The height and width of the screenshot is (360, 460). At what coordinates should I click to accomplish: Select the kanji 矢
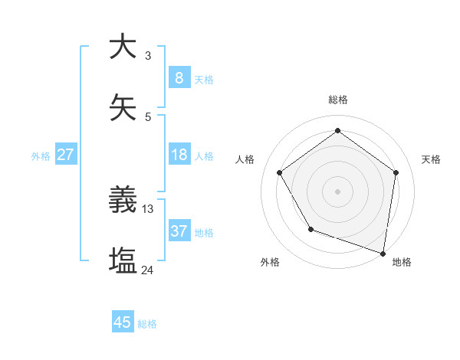(123, 109)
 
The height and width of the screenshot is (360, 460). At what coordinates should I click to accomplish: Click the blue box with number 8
(179, 78)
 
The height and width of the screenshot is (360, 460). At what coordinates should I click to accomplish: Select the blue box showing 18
(179, 155)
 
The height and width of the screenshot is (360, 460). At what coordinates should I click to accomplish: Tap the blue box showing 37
(179, 231)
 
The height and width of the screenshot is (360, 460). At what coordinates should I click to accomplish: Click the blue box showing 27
(65, 155)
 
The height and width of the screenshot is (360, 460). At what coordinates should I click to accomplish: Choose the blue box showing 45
(123, 322)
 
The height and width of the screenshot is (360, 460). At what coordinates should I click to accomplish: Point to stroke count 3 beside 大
(148, 55)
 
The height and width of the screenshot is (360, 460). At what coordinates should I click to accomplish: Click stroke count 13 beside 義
(148, 208)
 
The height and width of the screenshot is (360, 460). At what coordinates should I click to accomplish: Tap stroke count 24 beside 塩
(148, 270)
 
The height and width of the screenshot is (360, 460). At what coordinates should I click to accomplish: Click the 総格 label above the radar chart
(337, 100)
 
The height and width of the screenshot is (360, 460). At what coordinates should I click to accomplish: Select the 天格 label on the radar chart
(431, 159)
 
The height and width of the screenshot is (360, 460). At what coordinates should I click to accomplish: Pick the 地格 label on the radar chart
(401, 262)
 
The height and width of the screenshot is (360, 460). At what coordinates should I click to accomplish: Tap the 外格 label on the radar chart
(270, 262)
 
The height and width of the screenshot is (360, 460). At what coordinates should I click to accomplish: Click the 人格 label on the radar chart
(245, 159)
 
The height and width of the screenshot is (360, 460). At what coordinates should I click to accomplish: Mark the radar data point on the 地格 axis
(383, 253)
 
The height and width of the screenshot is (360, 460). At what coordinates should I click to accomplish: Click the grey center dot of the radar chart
(337, 191)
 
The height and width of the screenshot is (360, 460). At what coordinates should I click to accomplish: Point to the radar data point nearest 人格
(279, 172)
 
